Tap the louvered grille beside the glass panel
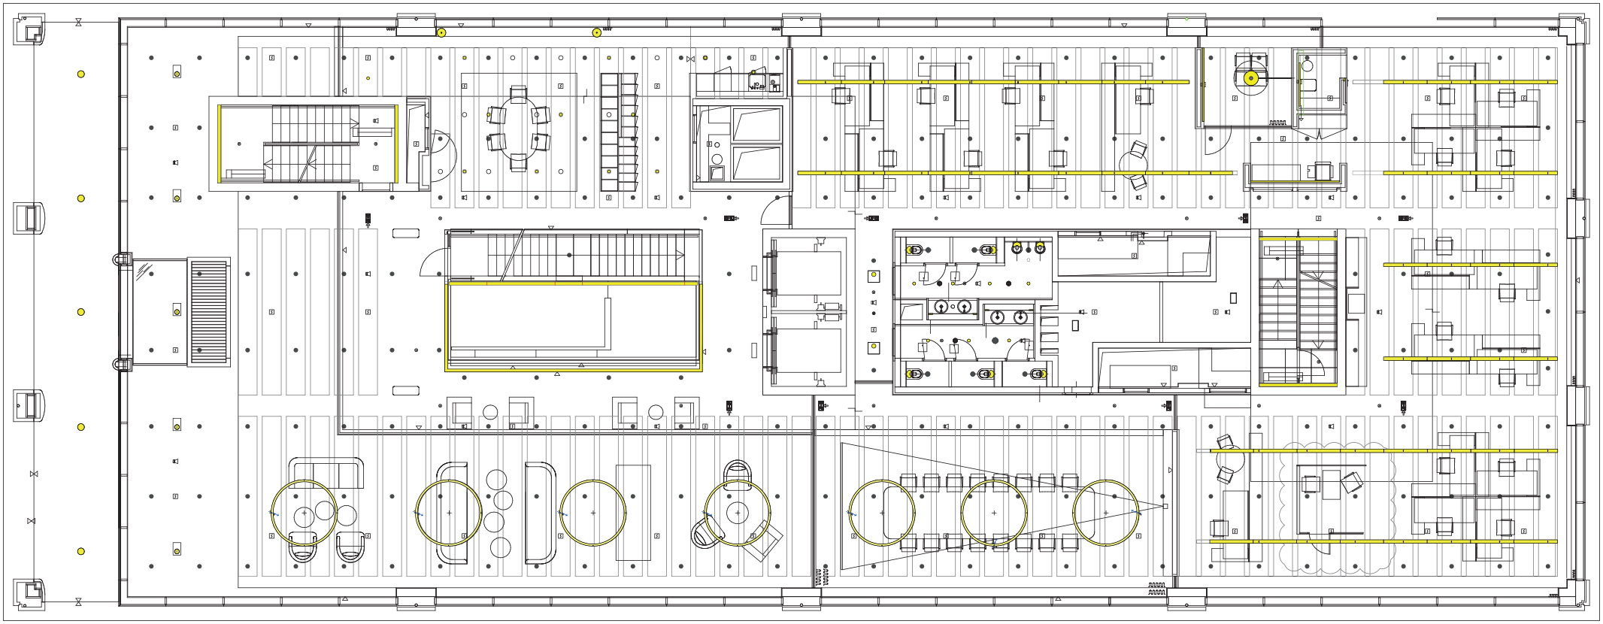coord(208,311)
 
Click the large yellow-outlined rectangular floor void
coord(573,326)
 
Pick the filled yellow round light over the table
coord(1251,78)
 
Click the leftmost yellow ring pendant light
coord(304,513)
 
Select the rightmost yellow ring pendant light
coord(1105,513)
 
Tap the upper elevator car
coord(806,273)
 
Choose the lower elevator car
coord(806,351)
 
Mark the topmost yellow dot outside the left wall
coord(81,74)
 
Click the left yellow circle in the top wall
coord(441,33)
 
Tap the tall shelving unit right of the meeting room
coord(618,132)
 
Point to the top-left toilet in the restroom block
coord(915,250)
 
